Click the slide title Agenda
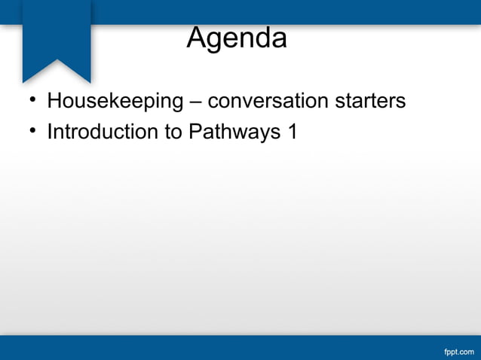237,38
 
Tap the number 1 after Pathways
293,132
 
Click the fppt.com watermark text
459,351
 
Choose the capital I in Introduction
50,132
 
